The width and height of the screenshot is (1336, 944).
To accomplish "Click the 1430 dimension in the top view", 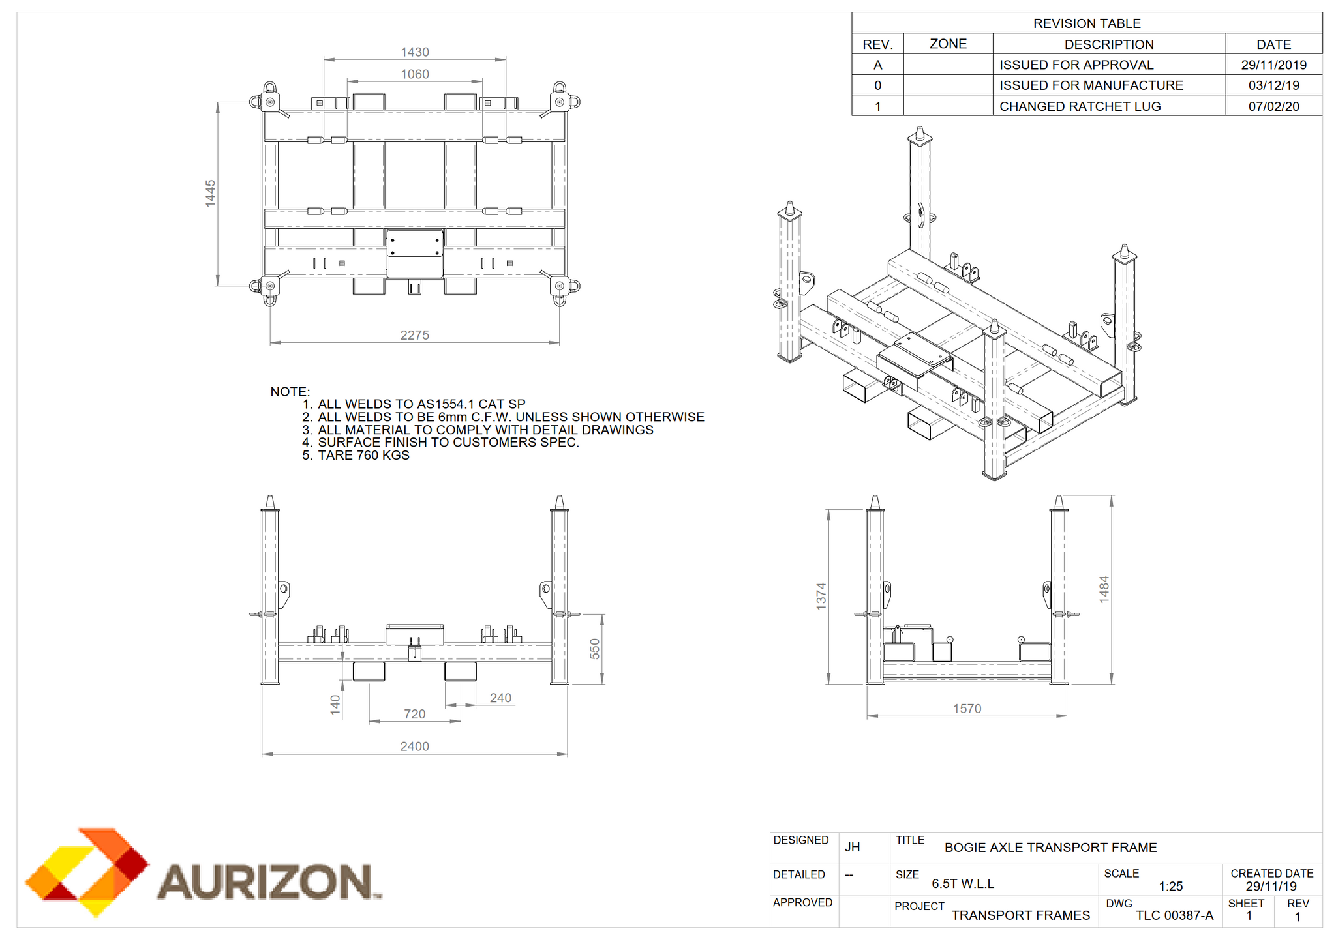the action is click(415, 52).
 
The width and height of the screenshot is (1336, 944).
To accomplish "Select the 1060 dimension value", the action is click(415, 74).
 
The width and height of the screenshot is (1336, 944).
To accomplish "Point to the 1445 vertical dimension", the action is click(210, 194).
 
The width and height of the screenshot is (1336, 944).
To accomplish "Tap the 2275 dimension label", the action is click(415, 335).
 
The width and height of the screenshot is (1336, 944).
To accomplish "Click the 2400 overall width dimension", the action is click(415, 746).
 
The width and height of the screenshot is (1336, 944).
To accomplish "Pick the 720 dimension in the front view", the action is click(415, 714).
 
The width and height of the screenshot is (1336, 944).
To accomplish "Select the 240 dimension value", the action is click(500, 698).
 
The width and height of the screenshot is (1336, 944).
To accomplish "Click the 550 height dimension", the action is click(594, 649).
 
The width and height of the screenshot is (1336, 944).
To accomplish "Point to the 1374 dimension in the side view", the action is click(821, 597).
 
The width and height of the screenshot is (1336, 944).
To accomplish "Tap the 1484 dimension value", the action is click(1104, 589).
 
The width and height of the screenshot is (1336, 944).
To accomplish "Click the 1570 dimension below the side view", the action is click(967, 709).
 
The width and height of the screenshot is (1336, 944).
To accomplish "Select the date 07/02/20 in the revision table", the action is click(1274, 106).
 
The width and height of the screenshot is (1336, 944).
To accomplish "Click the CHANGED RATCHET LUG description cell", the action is click(1080, 106).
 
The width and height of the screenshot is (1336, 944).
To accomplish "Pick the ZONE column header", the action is click(948, 44).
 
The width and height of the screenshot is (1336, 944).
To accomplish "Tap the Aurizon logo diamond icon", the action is click(87, 872).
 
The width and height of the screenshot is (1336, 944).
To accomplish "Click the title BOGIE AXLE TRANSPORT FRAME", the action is click(1051, 848).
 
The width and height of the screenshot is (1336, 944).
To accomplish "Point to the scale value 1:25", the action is click(1171, 886).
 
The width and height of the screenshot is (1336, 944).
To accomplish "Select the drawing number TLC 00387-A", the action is click(1175, 915).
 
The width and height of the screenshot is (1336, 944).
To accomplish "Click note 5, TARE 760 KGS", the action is click(356, 455).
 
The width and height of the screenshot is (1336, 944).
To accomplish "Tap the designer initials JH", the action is click(853, 847).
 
